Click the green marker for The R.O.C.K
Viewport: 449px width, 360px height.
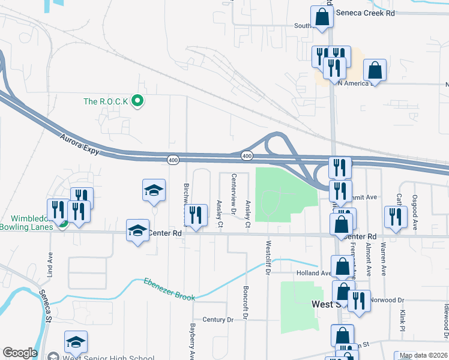click(x=137, y=101)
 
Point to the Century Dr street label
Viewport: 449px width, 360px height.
click(x=217, y=320)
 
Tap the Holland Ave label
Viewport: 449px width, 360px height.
click(x=313, y=273)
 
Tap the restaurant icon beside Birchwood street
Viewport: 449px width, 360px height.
click(x=196, y=216)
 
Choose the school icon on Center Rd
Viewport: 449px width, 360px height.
click(x=137, y=231)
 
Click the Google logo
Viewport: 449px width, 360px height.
click(x=19, y=353)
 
